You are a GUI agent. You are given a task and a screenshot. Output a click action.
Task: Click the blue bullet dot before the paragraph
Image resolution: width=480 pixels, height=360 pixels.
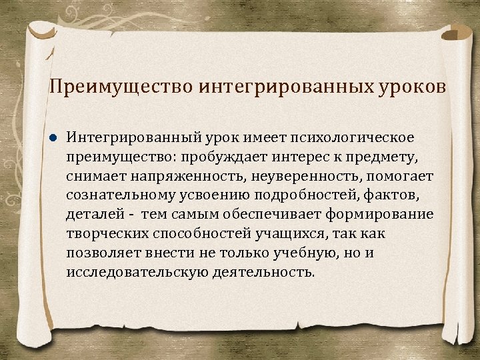tap(53, 137)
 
